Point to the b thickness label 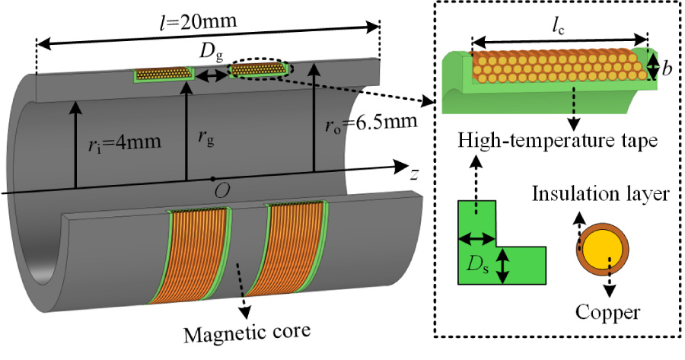pos(667,68)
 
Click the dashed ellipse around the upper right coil pos(260,69)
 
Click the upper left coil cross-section pos(163,75)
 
